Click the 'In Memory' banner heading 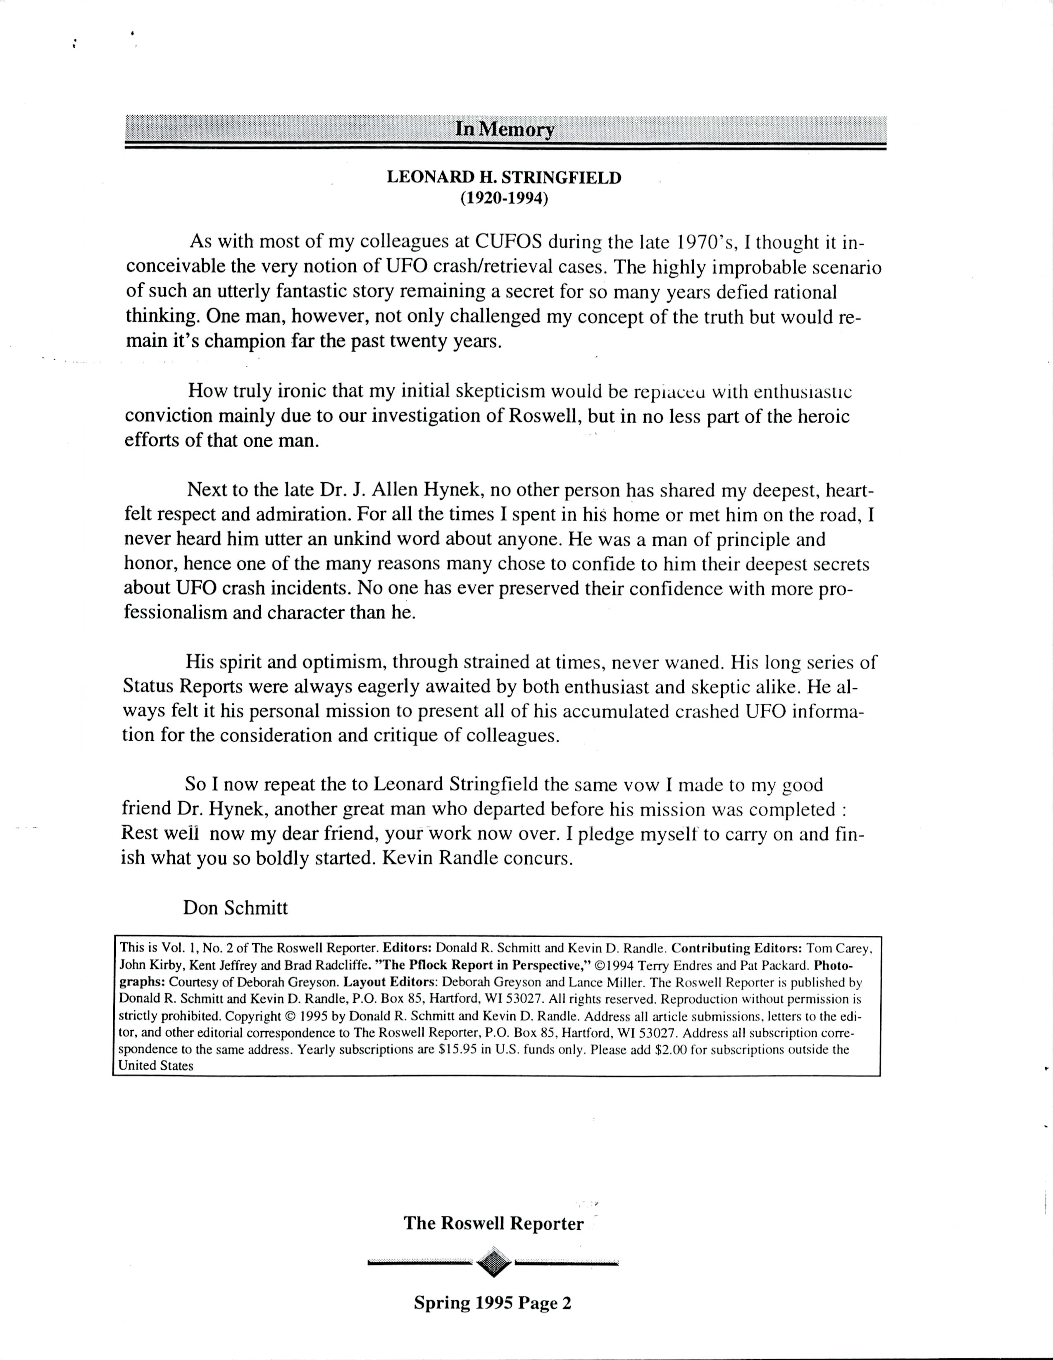(505, 129)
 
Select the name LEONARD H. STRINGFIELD (504, 177)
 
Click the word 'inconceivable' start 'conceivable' (176, 267)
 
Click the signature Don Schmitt (236, 907)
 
